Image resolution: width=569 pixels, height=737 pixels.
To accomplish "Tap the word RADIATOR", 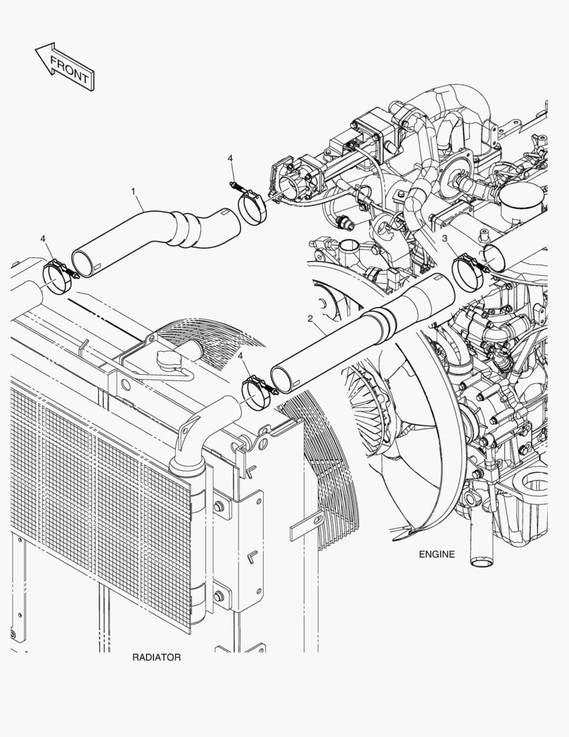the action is coord(156,657).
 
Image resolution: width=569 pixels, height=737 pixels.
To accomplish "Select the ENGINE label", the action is coord(437,554).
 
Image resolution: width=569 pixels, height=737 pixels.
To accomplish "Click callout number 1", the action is coord(134,191).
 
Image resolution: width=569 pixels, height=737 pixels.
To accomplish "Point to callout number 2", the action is coord(310,319).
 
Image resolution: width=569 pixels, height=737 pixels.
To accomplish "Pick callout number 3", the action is coord(444,239).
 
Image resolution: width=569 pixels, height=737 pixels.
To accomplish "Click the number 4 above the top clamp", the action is coord(230,158).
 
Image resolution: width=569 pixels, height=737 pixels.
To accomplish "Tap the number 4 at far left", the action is coord(43,239).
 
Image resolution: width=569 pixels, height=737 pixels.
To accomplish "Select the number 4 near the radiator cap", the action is coord(241,356).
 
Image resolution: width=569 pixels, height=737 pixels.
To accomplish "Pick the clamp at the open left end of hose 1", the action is coord(58,277).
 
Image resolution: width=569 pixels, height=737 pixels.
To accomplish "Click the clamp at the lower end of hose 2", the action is coord(258,393).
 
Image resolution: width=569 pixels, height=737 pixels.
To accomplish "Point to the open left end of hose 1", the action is coord(84,263).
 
